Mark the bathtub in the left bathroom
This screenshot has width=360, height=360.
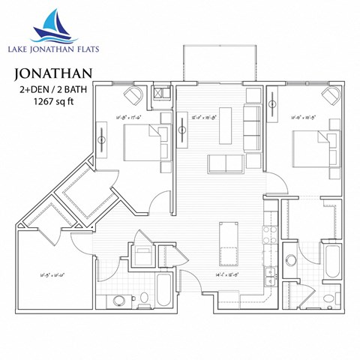(x=165, y=290)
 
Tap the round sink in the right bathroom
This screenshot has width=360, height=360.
(x=290, y=260)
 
